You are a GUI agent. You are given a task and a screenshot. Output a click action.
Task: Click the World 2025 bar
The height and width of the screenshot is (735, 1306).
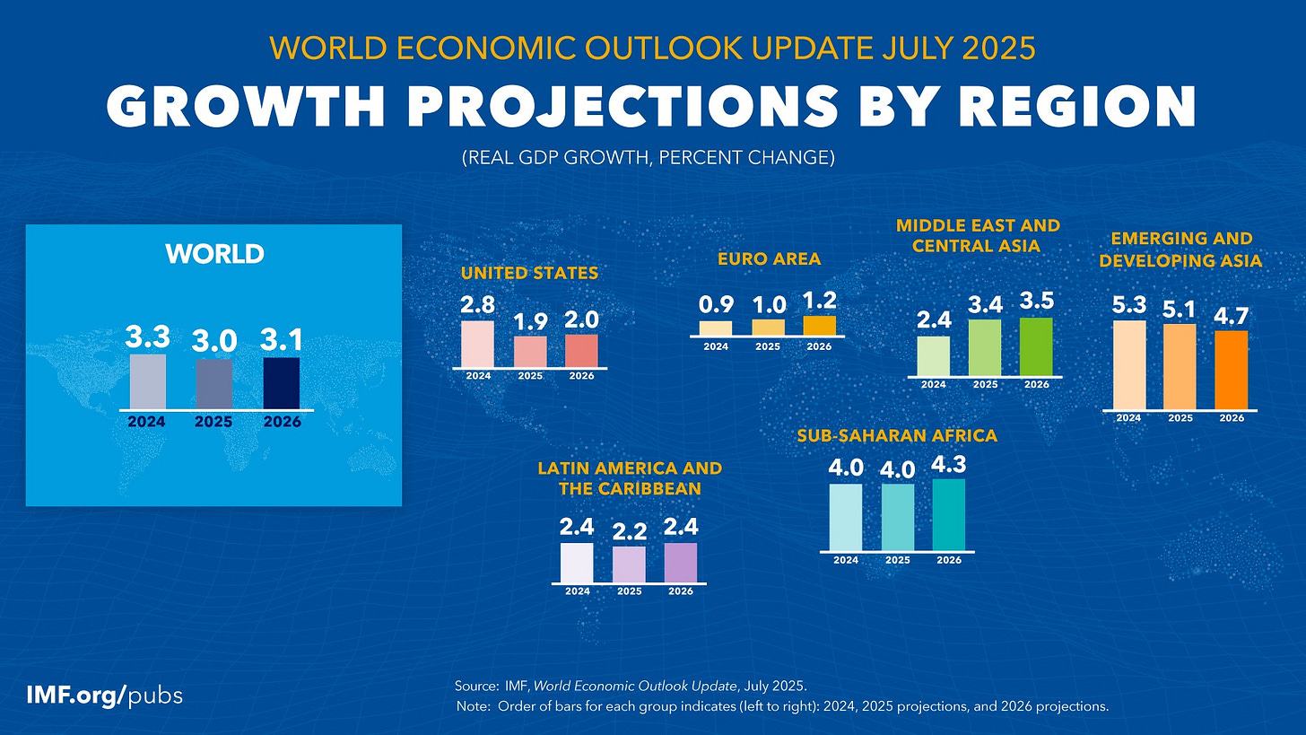click(x=214, y=383)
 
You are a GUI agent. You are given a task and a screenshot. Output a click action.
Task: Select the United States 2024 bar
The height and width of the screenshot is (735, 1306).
click(x=477, y=344)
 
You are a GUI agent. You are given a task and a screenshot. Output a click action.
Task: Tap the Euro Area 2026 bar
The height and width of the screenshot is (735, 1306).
click(x=819, y=325)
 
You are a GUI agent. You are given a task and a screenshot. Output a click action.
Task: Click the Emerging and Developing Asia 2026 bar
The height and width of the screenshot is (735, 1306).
click(x=1231, y=370)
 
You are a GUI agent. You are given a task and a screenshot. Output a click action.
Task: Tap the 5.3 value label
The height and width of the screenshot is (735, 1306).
click(x=1129, y=306)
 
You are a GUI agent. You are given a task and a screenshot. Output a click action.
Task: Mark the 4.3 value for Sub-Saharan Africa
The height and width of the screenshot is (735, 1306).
click(x=949, y=464)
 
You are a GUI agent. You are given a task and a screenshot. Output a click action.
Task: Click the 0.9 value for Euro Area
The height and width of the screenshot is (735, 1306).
click(x=716, y=305)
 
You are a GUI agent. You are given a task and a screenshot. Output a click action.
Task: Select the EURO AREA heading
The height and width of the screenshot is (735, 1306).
click(x=769, y=259)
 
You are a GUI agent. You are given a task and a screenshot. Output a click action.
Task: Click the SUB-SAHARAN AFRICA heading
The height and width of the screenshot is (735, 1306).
click(x=897, y=436)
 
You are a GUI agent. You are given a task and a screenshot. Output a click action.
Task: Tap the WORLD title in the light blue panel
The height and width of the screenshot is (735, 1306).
click(x=214, y=254)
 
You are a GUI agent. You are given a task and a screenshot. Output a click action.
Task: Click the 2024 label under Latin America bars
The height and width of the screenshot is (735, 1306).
click(x=577, y=591)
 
